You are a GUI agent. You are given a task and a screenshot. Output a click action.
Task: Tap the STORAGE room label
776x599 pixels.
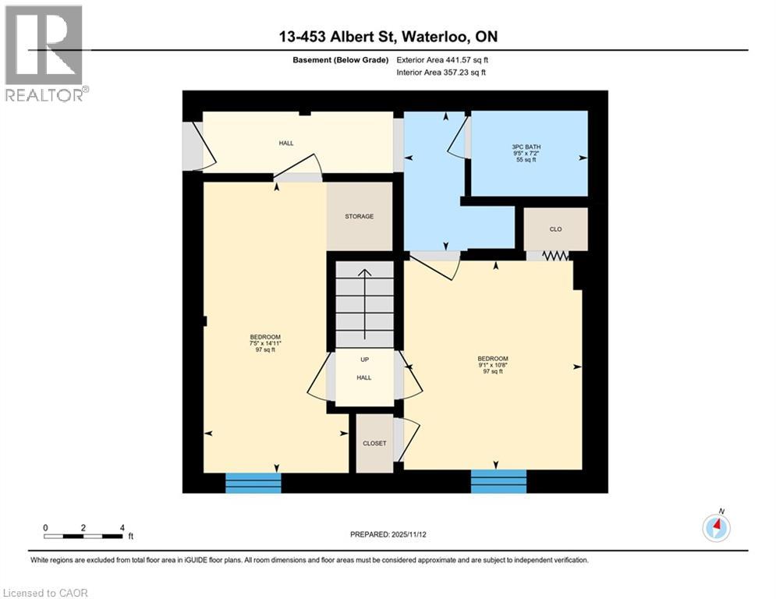pos(359,216)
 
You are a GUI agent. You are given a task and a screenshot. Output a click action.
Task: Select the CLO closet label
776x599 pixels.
pos(555,229)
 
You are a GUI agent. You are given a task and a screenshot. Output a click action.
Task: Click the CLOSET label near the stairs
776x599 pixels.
pos(374,443)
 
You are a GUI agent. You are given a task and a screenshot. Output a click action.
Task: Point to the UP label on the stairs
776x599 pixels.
pos(364,360)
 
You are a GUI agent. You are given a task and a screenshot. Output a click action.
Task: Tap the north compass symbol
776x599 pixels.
pos(715,527)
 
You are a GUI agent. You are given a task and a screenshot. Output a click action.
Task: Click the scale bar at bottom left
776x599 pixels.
pos(83,536)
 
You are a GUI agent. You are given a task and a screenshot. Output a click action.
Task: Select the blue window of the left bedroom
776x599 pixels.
pos(253,483)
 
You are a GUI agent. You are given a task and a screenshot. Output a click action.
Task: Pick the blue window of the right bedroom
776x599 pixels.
pos(498,481)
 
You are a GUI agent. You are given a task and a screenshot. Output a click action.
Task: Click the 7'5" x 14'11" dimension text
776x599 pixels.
pos(265,343)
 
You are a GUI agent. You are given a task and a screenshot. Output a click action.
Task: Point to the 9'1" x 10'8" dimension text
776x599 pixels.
pos(493,365)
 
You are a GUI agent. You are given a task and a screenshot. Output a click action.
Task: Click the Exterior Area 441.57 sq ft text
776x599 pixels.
pos(443,60)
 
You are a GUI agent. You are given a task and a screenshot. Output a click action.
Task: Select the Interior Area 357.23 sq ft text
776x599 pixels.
pos(441,73)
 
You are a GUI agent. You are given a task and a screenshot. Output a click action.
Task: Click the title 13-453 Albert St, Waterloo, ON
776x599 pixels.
pos(388,37)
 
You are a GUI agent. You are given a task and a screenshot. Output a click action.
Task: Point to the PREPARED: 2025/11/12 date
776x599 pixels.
pos(388,534)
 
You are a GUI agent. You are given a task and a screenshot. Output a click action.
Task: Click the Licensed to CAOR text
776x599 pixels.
pos(46,593)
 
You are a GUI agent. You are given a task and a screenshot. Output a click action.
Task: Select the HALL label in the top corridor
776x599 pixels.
pos(286,144)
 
